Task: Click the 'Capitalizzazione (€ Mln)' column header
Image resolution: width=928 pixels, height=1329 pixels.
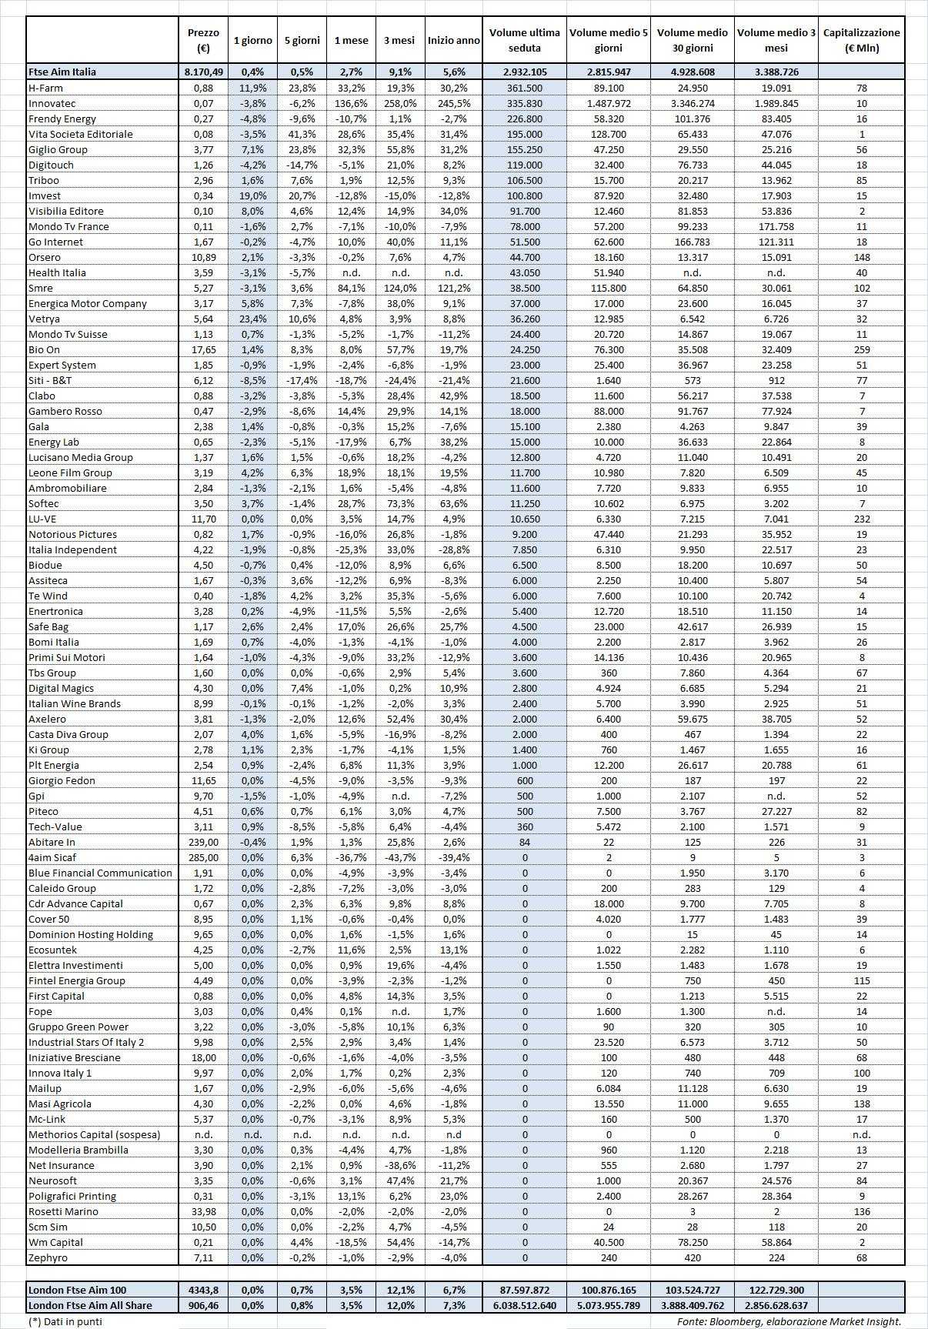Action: tap(861, 40)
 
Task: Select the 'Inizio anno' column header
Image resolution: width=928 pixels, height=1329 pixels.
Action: tap(454, 40)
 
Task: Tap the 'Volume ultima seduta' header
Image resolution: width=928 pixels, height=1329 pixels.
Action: tap(525, 40)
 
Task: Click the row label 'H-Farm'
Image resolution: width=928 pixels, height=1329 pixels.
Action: tap(45, 88)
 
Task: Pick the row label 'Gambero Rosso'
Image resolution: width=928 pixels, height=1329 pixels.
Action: tap(65, 411)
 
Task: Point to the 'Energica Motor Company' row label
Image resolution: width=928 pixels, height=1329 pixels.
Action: tap(87, 303)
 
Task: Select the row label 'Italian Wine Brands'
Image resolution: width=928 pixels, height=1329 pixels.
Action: tap(74, 703)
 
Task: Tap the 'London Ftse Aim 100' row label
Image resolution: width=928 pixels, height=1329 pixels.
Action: tap(77, 1290)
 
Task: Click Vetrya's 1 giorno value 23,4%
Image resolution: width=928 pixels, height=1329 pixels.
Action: tap(252, 319)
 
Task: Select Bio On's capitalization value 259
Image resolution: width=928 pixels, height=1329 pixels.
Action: tap(861, 349)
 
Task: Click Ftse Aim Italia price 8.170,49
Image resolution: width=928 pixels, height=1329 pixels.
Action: tap(203, 72)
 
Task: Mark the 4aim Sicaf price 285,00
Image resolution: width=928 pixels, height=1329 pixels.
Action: tap(203, 857)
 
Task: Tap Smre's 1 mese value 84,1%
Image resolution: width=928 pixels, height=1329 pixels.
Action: tap(351, 288)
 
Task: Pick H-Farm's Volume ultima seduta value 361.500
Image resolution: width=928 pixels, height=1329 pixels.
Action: tap(525, 88)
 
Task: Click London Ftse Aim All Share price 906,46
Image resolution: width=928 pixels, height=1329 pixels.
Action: tap(203, 1305)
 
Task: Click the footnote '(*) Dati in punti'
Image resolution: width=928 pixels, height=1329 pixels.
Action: tap(65, 1321)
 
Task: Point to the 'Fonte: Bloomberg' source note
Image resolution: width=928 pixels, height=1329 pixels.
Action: tap(789, 1321)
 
